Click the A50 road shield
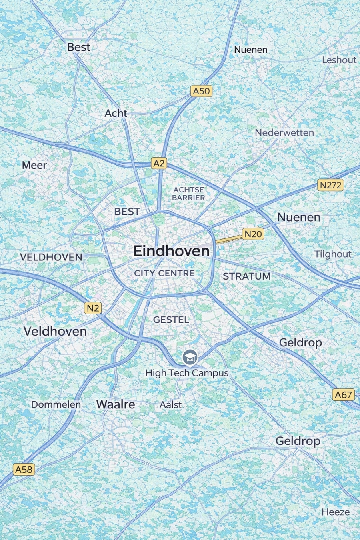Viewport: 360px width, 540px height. coord(201,91)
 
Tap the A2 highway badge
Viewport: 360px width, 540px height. coord(159,163)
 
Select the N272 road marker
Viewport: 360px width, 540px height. coord(331,185)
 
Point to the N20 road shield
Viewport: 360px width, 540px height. coord(253,234)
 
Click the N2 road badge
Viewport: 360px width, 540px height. coord(93,308)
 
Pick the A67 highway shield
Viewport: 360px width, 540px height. coord(343,395)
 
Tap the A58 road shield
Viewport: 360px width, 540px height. coord(24,469)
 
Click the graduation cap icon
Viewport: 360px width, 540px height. coord(190,357)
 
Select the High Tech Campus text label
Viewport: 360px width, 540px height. coord(187,373)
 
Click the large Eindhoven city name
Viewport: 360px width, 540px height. coord(171,251)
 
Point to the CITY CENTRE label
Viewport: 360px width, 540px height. coord(164,273)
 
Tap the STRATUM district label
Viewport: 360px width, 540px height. coord(247,276)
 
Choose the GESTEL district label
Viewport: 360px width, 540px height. coord(171,320)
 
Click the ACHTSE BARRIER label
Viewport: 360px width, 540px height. coord(188,194)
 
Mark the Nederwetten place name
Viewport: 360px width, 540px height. coord(284,132)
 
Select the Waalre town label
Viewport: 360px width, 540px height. coord(116,404)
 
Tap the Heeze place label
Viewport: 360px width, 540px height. coord(336,512)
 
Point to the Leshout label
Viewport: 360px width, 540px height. coord(339,60)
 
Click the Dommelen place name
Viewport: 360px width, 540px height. coord(56,404)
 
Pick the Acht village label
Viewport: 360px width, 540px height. coord(116,113)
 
